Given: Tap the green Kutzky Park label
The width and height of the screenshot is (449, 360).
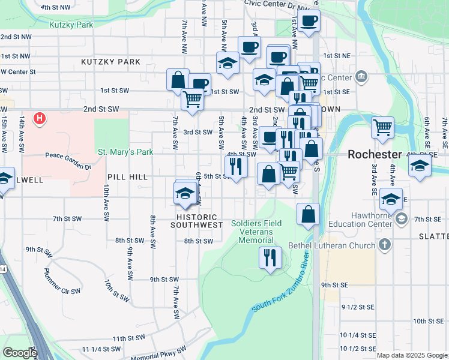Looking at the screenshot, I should click(x=71, y=25).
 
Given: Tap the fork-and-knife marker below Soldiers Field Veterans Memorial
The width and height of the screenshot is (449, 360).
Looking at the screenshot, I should click(x=270, y=257).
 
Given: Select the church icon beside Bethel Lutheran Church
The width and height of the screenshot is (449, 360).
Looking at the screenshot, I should click(x=385, y=245).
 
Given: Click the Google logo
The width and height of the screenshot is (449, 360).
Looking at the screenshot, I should click(x=19, y=353).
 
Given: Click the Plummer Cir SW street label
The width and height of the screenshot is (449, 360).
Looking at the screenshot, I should click(x=62, y=282).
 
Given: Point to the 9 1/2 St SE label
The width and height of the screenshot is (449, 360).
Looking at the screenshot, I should click(x=358, y=307).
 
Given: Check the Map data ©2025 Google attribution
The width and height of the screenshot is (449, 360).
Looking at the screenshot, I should click(x=411, y=355).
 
